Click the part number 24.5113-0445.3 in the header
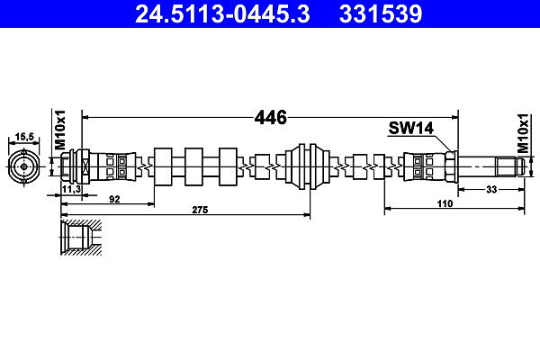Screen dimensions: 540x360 coord(222,13)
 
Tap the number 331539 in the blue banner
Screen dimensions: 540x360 coord(381,13)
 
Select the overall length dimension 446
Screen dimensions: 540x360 coord(270,118)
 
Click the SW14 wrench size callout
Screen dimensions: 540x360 coord(411,128)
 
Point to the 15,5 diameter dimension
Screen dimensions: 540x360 coord(24,137)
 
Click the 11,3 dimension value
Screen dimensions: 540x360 coord(71,189)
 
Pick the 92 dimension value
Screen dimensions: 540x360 coord(114,199)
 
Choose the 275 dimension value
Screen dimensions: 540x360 coord(201,210)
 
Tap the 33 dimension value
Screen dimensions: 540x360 coord(491,189)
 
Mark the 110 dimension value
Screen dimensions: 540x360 coord(445,203)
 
